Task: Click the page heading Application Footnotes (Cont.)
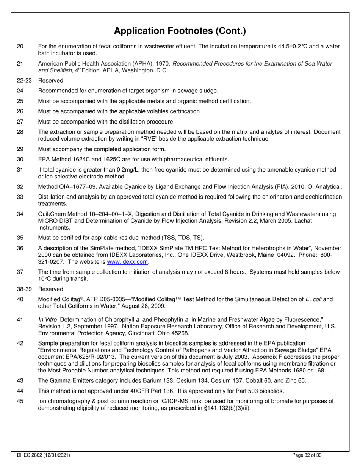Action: (x=180, y=31)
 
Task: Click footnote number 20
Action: (x=20, y=47)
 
